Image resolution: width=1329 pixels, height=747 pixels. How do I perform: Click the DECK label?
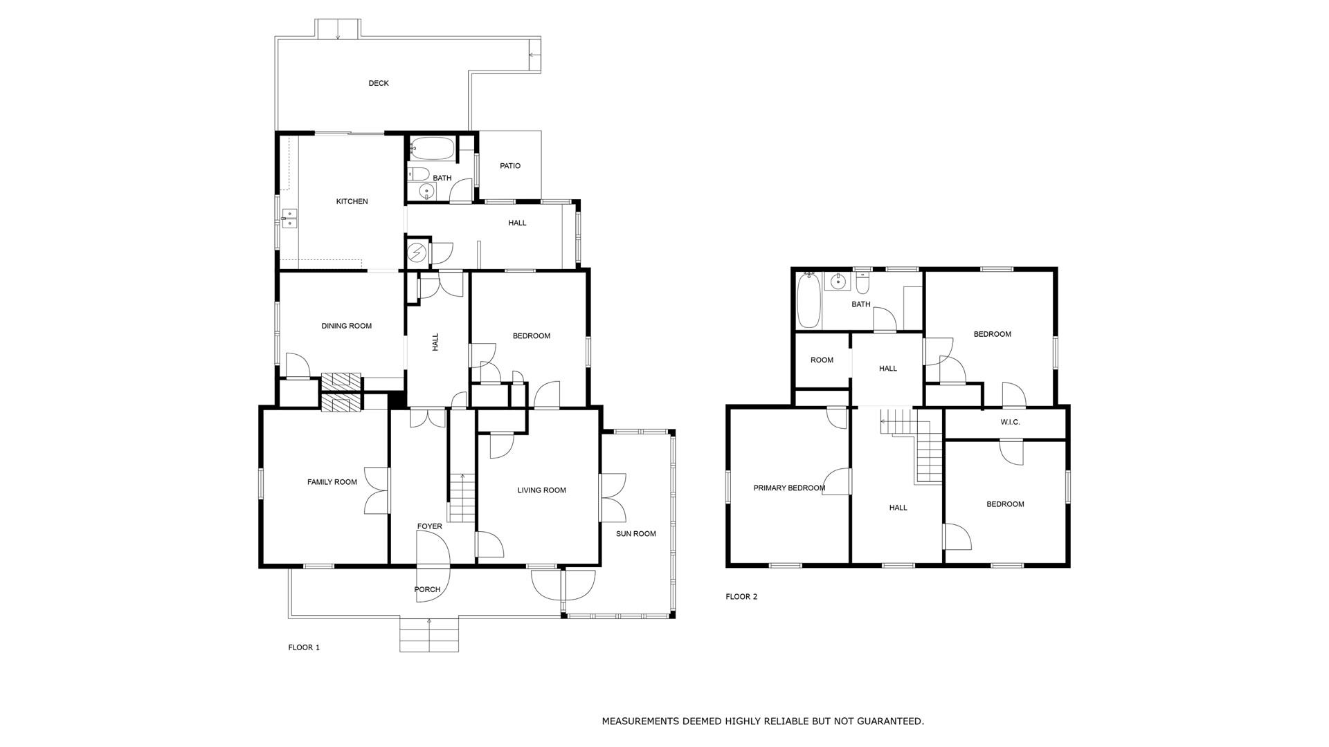[379, 83]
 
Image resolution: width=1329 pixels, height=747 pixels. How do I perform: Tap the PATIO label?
[510, 166]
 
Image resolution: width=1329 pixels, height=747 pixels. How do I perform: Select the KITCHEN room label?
[352, 201]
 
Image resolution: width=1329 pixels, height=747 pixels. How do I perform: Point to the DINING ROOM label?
[346, 326]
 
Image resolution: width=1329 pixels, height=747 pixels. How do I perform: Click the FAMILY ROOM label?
[332, 482]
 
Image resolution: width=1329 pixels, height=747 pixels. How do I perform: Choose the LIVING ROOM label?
[542, 490]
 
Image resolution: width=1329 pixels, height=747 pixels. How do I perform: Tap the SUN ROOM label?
[636, 534]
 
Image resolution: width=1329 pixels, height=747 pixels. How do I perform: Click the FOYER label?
[429, 526]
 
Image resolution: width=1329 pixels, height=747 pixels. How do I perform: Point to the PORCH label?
[427, 589]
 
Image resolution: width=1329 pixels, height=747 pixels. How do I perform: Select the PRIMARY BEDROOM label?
[789, 488]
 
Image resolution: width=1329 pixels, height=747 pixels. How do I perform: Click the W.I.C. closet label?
[1010, 422]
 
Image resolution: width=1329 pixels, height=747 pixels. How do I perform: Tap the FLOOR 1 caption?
[304, 647]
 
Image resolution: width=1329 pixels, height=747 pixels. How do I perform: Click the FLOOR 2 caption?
[741, 596]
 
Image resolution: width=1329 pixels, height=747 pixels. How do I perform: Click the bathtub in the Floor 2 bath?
[808, 301]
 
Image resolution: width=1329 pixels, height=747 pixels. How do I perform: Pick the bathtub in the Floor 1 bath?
[432, 147]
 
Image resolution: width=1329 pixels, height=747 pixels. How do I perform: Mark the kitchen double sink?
[289, 218]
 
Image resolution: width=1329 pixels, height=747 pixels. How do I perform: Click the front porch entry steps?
[429, 634]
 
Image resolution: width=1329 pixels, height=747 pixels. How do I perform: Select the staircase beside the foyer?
[462, 498]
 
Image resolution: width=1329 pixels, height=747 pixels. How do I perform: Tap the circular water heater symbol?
[417, 254]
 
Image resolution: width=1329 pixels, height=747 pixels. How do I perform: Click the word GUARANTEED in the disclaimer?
[890, 721]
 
